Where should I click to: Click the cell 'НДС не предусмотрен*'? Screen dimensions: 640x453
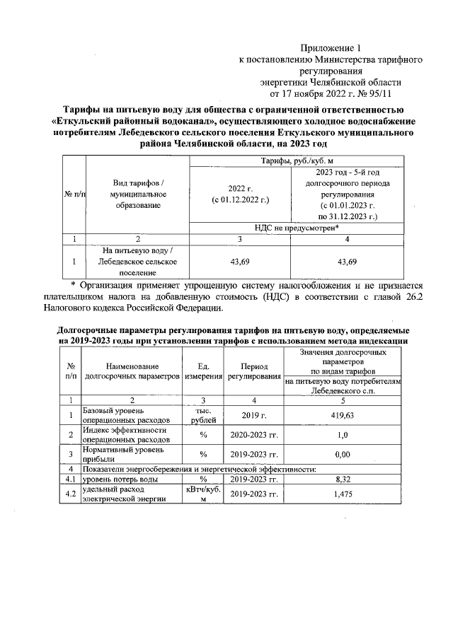point(297,228)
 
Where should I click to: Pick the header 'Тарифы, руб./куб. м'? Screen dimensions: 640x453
point(297,162)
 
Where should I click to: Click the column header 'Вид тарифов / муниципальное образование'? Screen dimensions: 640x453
point(138,194)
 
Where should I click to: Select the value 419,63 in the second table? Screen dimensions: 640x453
point(343,416)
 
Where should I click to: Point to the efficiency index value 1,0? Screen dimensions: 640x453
point(343,434)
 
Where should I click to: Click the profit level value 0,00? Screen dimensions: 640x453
point(343,454)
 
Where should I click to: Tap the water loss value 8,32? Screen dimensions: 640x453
point(343,479)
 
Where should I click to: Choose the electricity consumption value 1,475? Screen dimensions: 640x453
point(343,494)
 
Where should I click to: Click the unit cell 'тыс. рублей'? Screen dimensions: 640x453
point(202,416)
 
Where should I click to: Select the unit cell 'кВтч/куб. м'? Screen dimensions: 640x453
point(202,494)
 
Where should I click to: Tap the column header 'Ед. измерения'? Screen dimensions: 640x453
point(202,371)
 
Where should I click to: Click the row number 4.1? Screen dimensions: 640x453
point(71,479)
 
